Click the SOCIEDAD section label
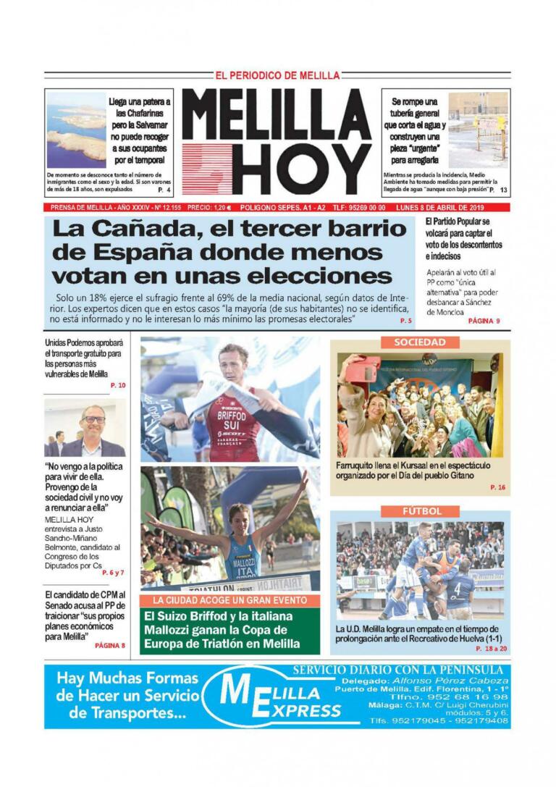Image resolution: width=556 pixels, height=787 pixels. (x=420, y=342)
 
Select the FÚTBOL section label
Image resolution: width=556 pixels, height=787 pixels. (x=421, y=511)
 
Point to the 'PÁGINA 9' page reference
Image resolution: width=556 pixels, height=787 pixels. (x=484, y=320)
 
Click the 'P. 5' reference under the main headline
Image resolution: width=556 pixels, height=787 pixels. (x=405, y=320)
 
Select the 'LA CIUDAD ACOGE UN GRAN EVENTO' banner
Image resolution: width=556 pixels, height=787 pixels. (x=229, y=600)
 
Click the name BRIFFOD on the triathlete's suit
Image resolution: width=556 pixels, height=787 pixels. (x=232, y=417)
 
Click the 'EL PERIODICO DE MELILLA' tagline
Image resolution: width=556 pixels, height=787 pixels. (x=277, y=75)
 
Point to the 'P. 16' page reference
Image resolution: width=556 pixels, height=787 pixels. (x=497, y=487)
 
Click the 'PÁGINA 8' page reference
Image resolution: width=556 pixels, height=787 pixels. (x=110, y=644)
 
